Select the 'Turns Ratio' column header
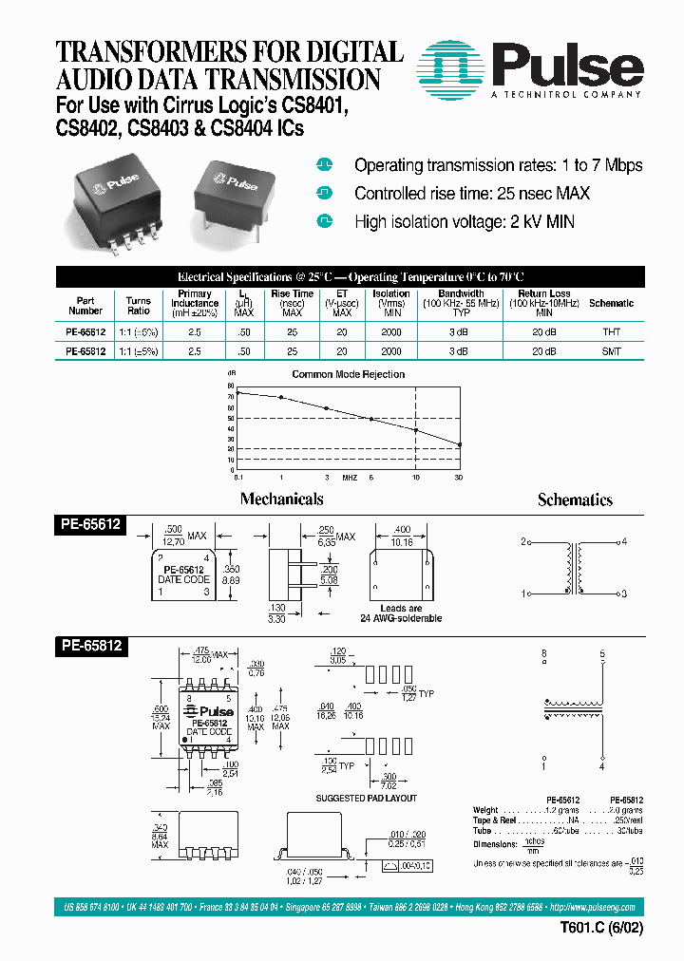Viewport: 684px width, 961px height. [139, 305]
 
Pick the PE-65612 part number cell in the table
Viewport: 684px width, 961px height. [85, 333]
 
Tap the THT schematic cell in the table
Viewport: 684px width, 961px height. [611, 333]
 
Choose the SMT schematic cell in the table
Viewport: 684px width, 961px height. [611, 350]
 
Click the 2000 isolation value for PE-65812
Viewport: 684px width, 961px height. [391, 350]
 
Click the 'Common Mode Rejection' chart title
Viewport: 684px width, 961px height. [348, 374]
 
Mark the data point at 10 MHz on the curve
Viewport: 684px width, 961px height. [416, 430]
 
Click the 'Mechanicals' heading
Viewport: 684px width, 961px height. [281, 499]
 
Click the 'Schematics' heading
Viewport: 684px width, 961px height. [575, 499]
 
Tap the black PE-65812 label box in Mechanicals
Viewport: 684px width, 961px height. [91, 645]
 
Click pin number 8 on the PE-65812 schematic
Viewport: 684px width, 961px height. [544, 654]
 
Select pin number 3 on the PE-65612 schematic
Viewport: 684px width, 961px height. [623, 594]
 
